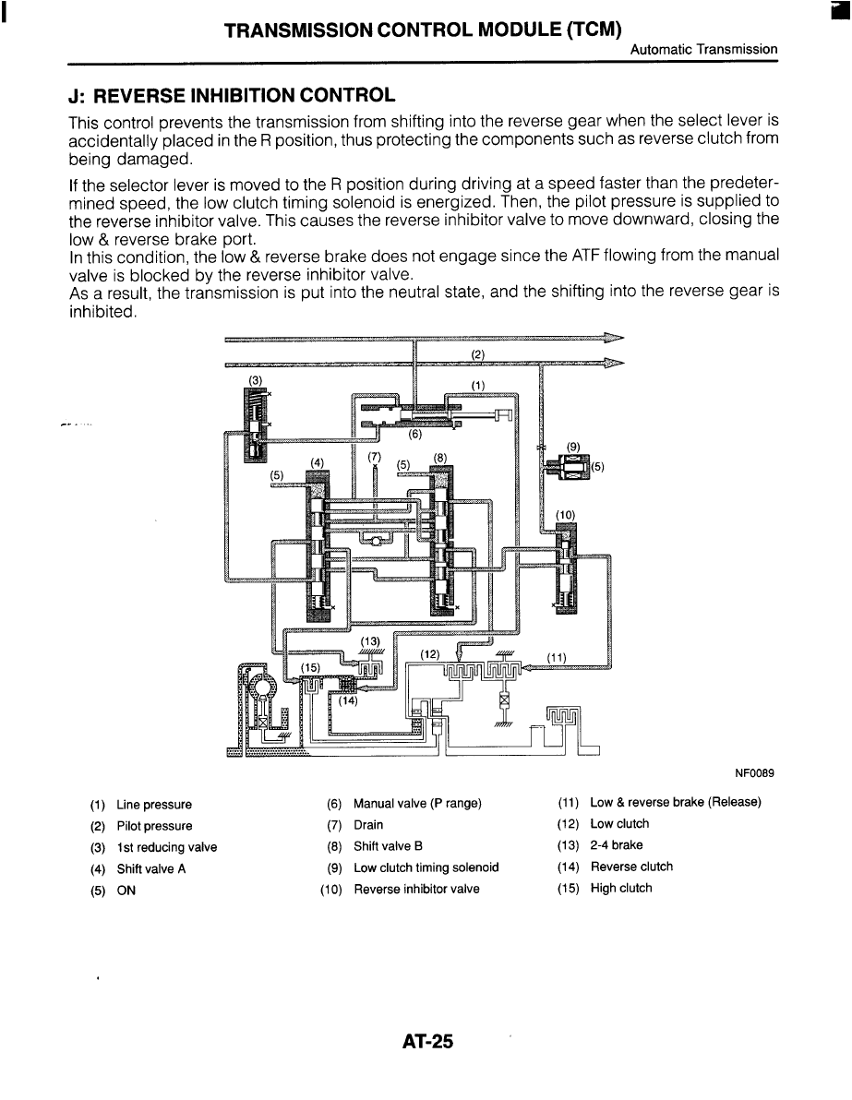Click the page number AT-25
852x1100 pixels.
pyautogui.click(x=428, y=1042)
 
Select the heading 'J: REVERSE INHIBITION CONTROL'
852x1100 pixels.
pyautogui.click(x=232, y=95)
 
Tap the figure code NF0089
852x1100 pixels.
pyautogui.click(x=754, y=771)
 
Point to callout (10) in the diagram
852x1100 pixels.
pyautogui.click(x=565, y=514)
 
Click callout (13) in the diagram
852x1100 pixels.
pyautogui.click(x=370, y=640)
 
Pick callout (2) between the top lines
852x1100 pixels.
pyautogui.click(x=477, y=353)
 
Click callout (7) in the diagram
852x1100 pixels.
pyautogui.click(x=374, y=456)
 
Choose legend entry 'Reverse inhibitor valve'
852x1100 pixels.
pyautogui.click(x=416, y=890)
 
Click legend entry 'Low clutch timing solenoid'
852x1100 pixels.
pyautogui.click(x=426, y=867)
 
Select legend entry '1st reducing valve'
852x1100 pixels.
pyautogui.click(x=166, y=847)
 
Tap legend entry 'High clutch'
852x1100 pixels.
pyautogui.click(x=620, y=889)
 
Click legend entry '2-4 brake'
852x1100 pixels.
pyautogui.click(x=616, y=845)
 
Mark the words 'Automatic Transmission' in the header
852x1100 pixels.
pyautogui.click(x=703, y=49)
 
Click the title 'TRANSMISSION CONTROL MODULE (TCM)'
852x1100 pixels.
pyautogui.click(x=422, y=29)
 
